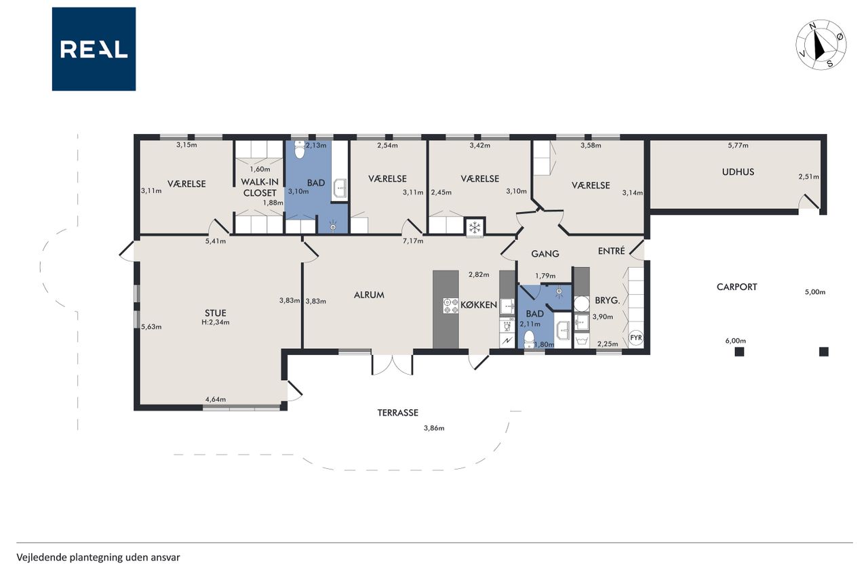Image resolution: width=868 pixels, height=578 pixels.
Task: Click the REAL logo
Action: coord(94,49)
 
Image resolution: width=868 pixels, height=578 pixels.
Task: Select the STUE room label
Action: coord(216,313)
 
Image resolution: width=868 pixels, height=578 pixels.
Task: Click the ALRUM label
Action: coord(369,295)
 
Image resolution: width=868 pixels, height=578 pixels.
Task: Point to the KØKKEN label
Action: coord(479,305)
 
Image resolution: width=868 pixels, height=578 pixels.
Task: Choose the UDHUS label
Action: coord(738,172)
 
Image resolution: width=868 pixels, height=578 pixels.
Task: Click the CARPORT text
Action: coord(736,287)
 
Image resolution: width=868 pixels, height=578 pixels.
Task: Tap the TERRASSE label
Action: coord(398,413)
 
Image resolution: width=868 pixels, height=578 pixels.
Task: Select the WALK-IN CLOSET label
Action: coord(260,188)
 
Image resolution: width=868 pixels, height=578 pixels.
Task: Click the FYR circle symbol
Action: coord(636,337)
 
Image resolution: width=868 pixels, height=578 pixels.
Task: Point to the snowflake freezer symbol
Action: coord(474,227)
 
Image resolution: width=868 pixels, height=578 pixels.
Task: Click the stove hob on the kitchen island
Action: coord(451,306)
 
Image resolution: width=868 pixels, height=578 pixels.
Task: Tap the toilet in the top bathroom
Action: coord(299,150)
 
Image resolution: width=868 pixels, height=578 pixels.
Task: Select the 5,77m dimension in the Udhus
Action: coord(738,146)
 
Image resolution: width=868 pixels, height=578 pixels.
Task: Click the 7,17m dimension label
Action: coord(413,241)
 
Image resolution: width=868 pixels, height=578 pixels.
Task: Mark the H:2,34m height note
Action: coord(216,322)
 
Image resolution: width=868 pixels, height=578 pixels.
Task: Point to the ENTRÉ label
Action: coord(612,251)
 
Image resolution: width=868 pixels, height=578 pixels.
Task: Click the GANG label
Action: coord(545,254)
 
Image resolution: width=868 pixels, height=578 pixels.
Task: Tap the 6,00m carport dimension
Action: coord(736,341)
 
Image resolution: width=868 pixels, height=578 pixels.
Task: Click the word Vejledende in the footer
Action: coord(42,558)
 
